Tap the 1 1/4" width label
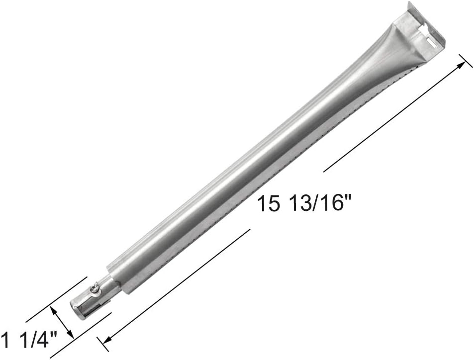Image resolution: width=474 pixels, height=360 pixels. (29, 339)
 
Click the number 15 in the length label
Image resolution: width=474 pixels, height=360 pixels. (268, 204)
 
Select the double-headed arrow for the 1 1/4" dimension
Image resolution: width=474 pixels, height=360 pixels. (62, 321)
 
